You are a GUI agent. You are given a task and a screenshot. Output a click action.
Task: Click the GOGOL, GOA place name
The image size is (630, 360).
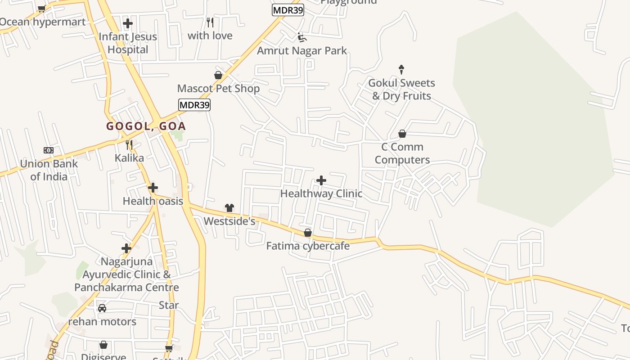tap(146, 126)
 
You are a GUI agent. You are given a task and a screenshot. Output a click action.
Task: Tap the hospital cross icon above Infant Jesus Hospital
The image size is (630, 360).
tap(128, 23)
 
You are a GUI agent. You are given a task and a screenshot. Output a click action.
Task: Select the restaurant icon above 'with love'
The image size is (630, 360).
tap(210, 22)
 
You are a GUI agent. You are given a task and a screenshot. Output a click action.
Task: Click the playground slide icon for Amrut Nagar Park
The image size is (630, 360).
tap(301, 37)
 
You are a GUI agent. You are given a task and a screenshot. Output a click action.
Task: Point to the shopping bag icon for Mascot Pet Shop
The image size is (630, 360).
tap(218, 75)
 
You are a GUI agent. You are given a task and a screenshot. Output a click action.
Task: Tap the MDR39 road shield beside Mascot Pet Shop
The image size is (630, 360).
tap(194, 105)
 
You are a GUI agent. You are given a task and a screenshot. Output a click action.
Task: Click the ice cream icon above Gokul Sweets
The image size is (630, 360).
tap(401, 70)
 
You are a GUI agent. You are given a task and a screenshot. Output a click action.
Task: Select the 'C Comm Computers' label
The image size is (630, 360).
tap(402, 153)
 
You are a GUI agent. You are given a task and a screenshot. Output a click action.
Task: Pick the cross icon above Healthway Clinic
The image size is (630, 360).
tap(321, 180)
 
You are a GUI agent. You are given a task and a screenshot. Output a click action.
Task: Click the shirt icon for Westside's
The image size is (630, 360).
tap(229, 208)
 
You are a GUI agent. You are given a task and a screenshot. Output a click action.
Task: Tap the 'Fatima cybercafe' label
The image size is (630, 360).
tap(308, 246)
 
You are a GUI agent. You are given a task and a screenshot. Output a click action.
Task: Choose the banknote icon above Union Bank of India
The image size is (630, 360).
tap(49, 150)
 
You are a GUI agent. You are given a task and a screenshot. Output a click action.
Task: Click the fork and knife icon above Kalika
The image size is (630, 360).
tap(129, 144)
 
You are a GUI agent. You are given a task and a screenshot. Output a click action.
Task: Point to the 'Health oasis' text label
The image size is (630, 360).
tap(153, 201)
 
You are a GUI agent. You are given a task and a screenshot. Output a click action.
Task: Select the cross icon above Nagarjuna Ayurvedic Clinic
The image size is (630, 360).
tap(126, 248)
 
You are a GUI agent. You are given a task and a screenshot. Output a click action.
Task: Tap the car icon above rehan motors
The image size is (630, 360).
tap(102, 308)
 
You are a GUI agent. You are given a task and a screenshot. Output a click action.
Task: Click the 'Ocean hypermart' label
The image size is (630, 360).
tap(42, 22)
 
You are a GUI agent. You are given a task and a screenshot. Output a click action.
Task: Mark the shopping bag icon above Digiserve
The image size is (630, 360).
tap(103, 345)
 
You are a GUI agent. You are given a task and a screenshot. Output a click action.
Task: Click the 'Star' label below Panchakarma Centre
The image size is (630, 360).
tap(169, 305)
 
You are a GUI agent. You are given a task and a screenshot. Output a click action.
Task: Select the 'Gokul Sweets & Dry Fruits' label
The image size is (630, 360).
tap(401, 90)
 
